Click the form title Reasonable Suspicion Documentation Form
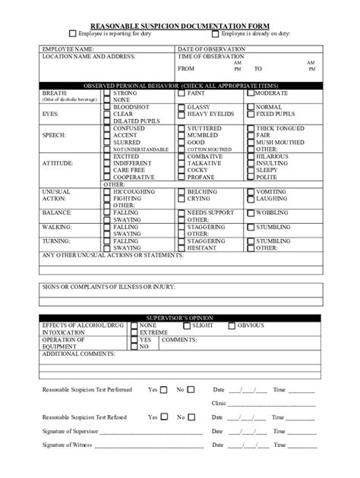180,25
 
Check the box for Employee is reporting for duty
72,33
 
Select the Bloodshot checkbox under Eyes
107,108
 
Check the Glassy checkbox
181,108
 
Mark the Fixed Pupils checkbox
250,115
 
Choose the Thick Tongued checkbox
250,129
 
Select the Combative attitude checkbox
181,156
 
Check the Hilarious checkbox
250,156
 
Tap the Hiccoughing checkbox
107,192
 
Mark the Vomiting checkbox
250,192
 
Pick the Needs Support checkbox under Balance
181,212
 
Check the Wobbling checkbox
250,212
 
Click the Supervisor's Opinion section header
180,317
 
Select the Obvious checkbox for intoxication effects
232,325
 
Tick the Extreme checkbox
134,332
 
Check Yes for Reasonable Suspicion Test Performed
164,390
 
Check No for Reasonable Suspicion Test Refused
191,417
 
